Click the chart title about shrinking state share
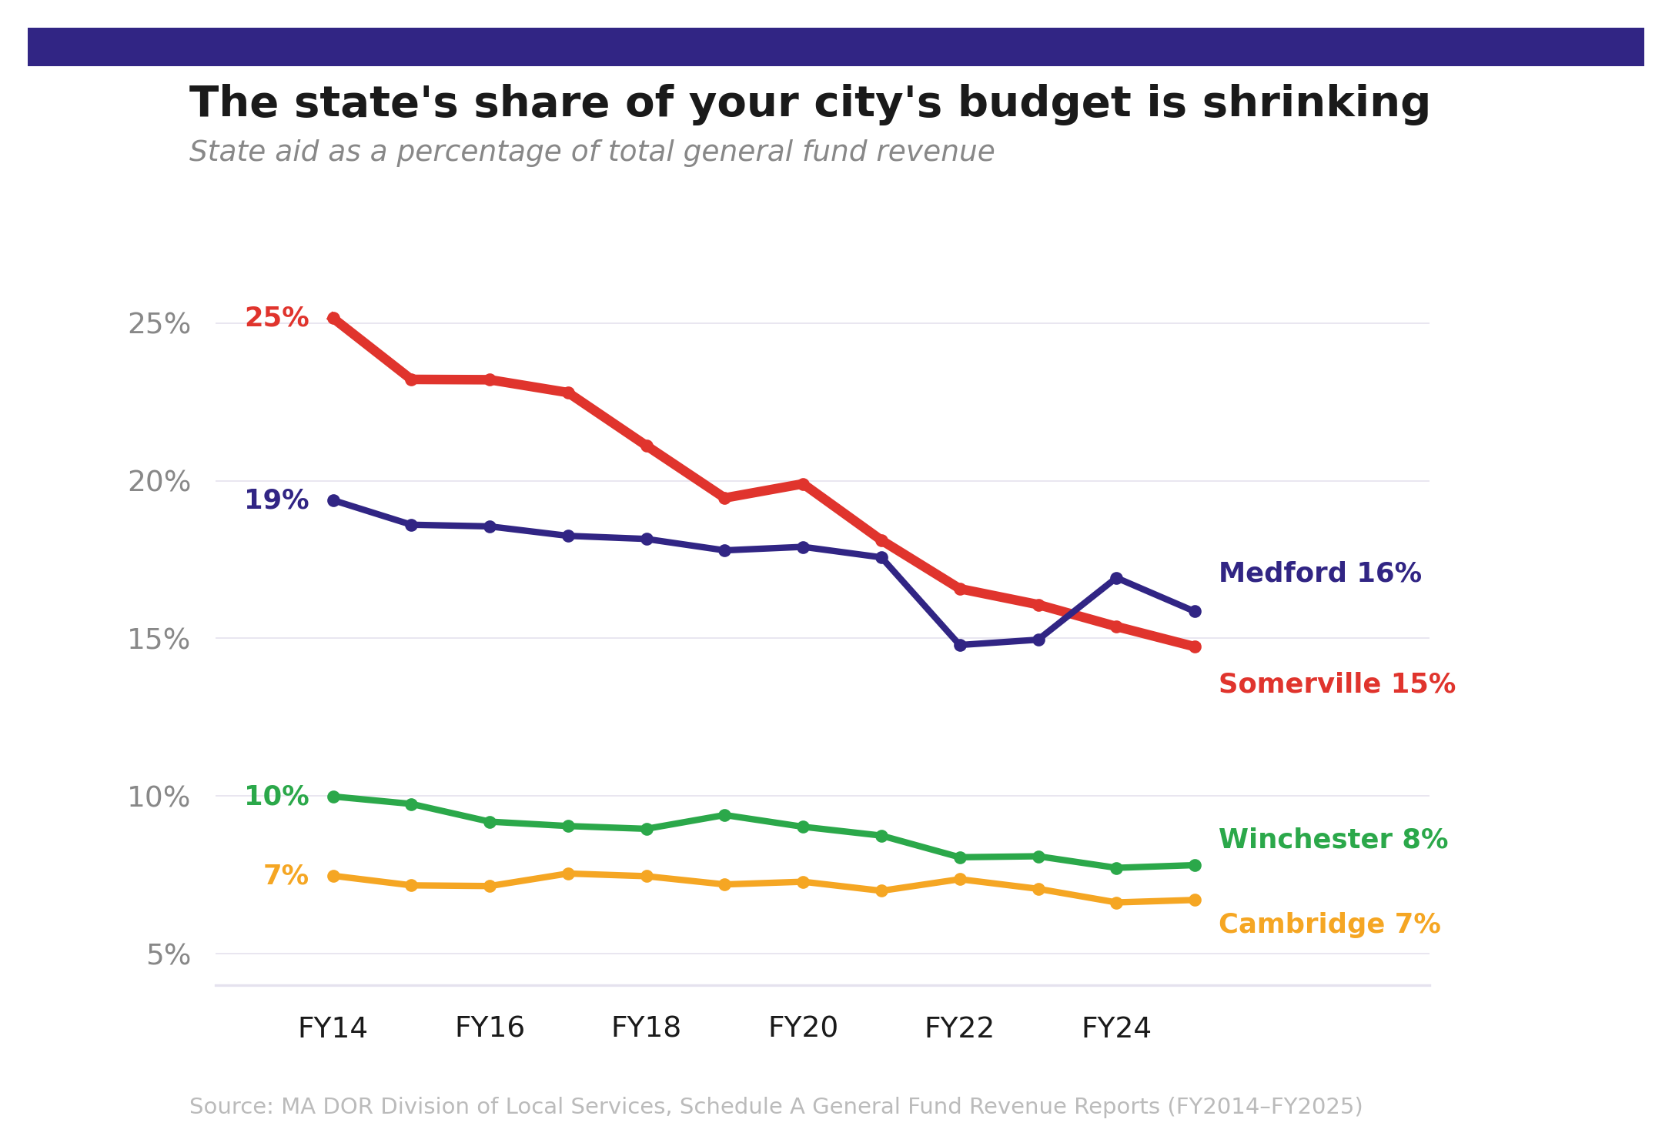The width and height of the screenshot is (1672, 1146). (x=809, y=103)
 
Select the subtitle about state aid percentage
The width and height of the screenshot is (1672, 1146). (x=591, y=152)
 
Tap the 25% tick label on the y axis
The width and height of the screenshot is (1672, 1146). (x=159, y=324)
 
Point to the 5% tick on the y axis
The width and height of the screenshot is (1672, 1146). (x=168, y=955)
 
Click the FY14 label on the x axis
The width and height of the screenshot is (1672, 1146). (x=333, y=1028)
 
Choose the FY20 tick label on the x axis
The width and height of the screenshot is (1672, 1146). (x=803, y=1028)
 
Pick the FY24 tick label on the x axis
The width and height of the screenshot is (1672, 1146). (x=1115, y=1028)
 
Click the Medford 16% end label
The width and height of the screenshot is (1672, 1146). (x=1319, y=573)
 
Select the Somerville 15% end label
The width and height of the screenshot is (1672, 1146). (x=1336, y=684)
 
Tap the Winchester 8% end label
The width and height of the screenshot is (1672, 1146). (x=1333, y=840)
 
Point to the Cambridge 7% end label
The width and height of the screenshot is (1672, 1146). (x=1329, y=924)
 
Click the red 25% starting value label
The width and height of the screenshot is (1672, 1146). (x=276, y=318)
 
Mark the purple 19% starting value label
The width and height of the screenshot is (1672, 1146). (x=276, y=500)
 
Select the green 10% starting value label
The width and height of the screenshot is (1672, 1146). (x=276, y=797)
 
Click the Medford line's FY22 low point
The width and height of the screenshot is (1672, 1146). (x=960, y=645)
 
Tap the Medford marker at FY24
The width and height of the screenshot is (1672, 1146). (x=1116, y=578)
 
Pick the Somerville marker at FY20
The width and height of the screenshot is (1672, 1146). (x=803, y=484)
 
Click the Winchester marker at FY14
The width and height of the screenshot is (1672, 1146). (x=333, y=797)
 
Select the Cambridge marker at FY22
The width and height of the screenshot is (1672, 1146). (x=960, y=879)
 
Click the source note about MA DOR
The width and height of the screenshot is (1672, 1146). (x=775, y=1107)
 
